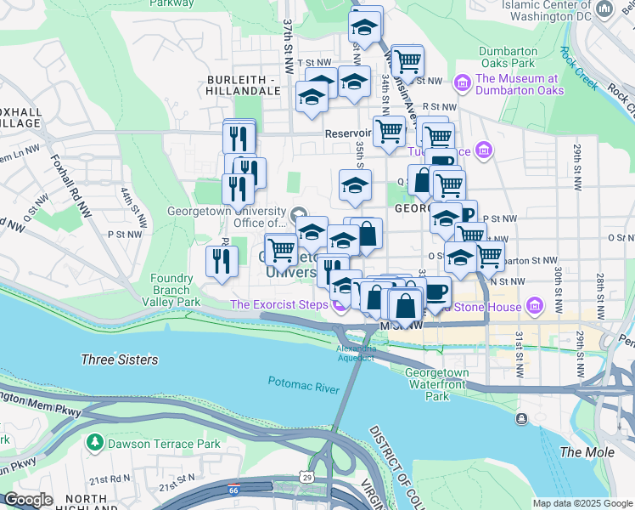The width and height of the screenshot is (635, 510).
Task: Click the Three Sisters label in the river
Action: pos(119,360)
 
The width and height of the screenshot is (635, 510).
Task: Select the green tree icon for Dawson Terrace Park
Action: pos(93,443)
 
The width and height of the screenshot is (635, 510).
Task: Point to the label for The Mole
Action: pos(587,452)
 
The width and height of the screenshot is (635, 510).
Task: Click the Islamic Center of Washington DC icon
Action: pos(604,8)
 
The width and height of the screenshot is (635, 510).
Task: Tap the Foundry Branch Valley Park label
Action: pos(176,290)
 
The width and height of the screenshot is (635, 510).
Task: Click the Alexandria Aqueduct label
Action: pos(356,354)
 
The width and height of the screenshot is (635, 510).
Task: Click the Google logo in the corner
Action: pos(28,500)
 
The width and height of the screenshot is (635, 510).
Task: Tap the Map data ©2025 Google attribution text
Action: pos(582,503)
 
